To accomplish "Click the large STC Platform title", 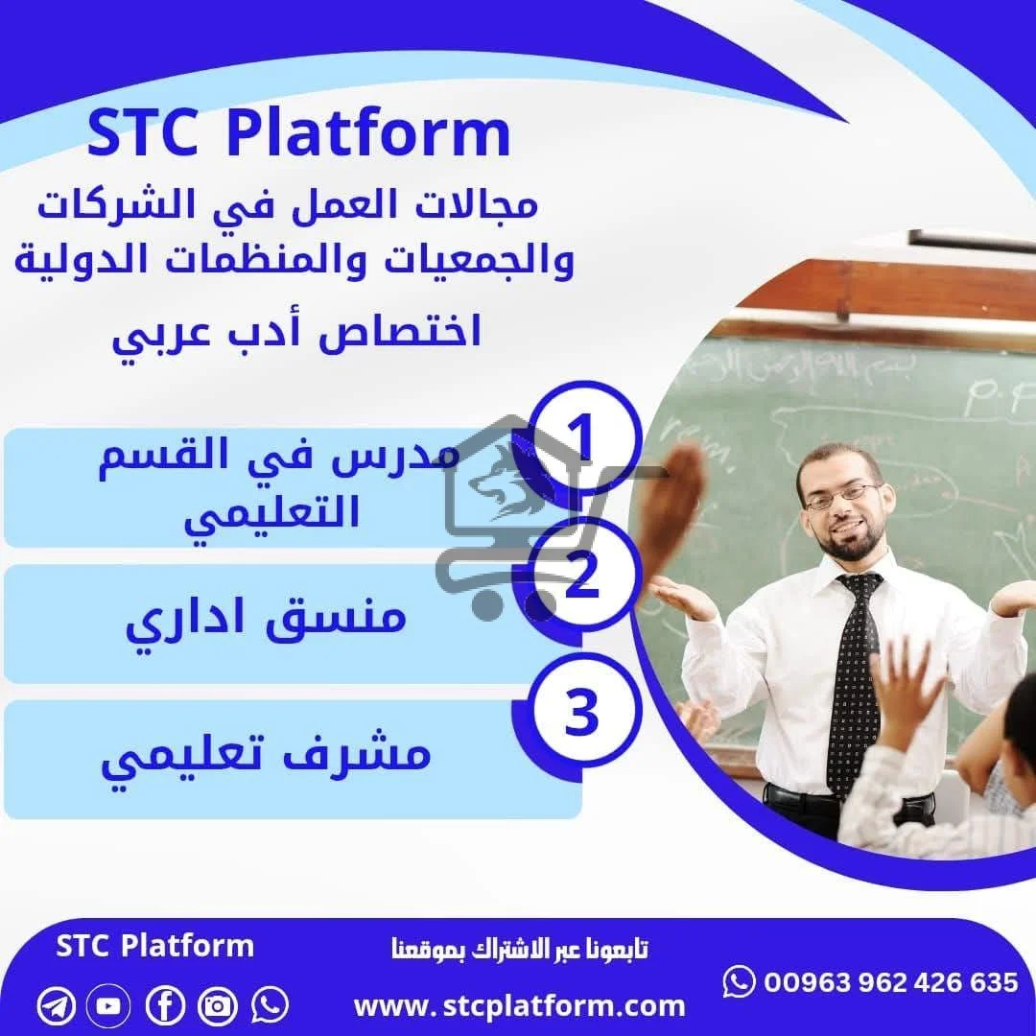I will pyautogui.click(x=298, y=135).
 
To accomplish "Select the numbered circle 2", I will pyautogui.click(x=581, y=578).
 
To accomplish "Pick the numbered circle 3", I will pyautogui.click(x=581, y=716).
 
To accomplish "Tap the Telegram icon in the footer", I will pyautogui.click(x=57, y=1005).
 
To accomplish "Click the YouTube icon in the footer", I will pyautogui.click(x=109, y=1005).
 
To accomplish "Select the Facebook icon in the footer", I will pyautogui.click(x=165, y=1005).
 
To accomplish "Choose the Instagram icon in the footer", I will pyautogui.click(x=218, y=1005).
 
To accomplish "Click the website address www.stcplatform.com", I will pyautogui.click(x=519, y=1006).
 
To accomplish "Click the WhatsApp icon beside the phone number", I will pyautogui.click(x=739, y=981).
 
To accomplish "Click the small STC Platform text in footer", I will pyautogui.click(x=155, y=946).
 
